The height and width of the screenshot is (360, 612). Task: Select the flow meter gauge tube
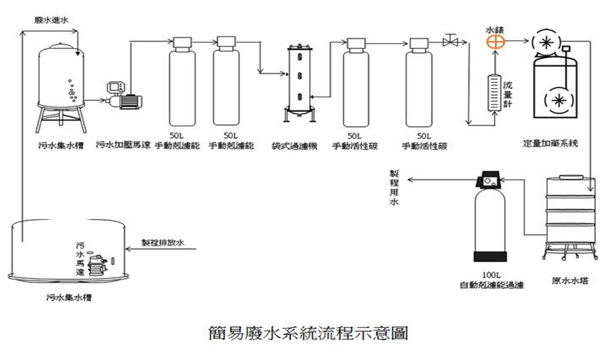tap(494, 93)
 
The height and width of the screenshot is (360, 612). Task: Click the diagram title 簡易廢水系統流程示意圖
tap(308, 333)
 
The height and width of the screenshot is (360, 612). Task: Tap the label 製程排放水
tap(163, 243)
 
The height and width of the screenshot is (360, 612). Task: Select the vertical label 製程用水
tap(394, 188)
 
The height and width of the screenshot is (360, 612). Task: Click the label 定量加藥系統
tap(550, 144)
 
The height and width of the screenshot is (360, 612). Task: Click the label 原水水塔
tap(570, 281)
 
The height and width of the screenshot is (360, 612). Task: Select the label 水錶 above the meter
tap(494, 30)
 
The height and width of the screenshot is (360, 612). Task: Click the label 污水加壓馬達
tap(123, 145)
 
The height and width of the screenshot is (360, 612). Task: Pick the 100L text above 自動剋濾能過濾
tap(491, 275)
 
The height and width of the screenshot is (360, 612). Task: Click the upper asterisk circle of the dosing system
tap(546, 42)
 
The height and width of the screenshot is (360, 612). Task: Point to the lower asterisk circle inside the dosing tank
tap(559, 100)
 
